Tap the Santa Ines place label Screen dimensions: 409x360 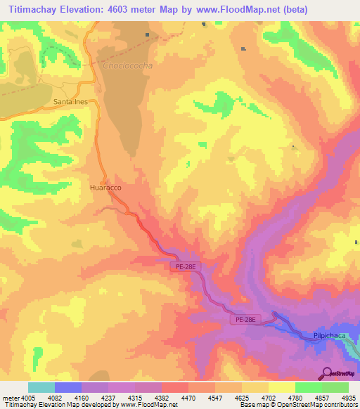coord(70,102)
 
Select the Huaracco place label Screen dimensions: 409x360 coord(105,188)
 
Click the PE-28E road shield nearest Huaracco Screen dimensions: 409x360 coord(184,266)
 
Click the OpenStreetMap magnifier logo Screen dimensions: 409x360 coord(326,373)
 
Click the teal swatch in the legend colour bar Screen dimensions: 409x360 coord(41,387)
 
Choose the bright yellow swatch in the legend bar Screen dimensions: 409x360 coord(282,387)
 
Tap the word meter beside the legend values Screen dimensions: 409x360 coord(9,398)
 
